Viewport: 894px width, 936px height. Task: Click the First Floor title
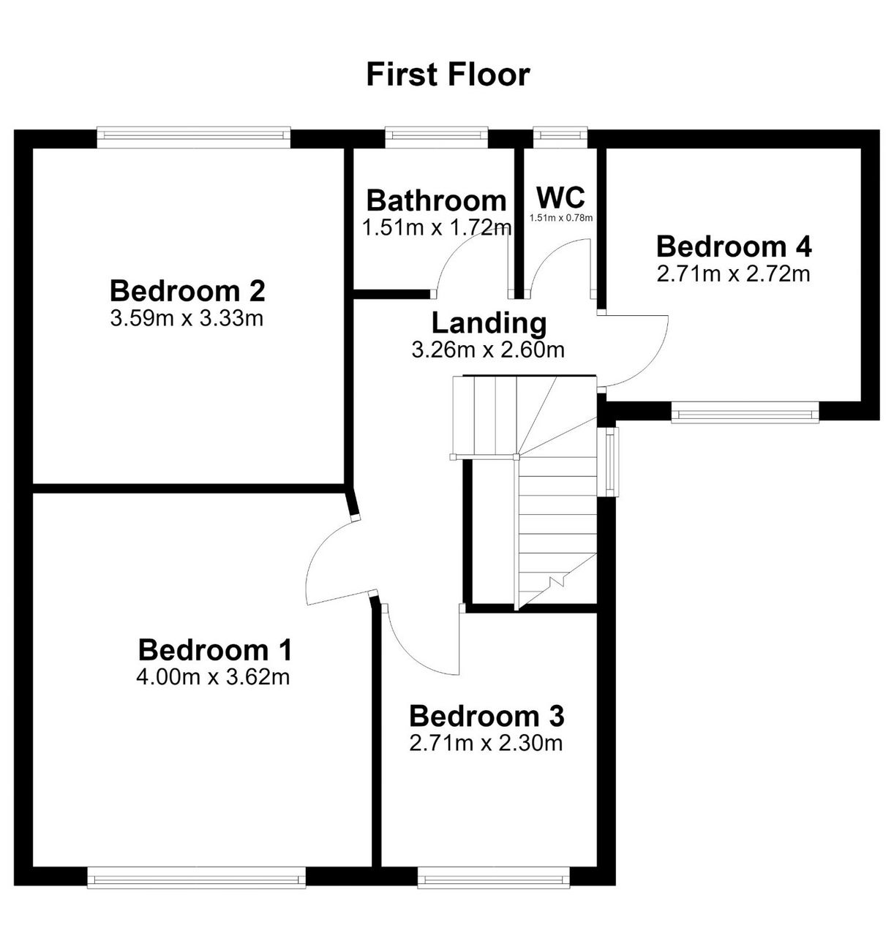448,75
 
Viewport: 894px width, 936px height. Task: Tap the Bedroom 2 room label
187,291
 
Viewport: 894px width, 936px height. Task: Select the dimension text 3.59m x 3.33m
187,318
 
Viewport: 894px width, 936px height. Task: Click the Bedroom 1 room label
214,650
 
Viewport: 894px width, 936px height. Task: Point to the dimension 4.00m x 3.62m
213,678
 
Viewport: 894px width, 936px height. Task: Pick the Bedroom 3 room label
486,716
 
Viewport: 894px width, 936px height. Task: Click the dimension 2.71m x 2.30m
486,744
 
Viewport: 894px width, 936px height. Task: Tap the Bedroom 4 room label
734,246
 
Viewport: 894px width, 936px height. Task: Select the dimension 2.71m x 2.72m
733,274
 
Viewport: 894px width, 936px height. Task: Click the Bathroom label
437,200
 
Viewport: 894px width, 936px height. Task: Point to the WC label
560,196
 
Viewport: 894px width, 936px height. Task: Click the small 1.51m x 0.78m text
561,217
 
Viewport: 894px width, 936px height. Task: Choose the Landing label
489,323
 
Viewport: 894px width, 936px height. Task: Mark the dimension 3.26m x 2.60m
488,350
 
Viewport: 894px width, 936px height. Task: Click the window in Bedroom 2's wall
193,137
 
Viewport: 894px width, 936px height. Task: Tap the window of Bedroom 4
745,412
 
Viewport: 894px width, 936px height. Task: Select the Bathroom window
437,137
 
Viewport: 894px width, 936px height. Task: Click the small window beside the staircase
611,461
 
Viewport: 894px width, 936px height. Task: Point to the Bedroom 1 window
196,877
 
